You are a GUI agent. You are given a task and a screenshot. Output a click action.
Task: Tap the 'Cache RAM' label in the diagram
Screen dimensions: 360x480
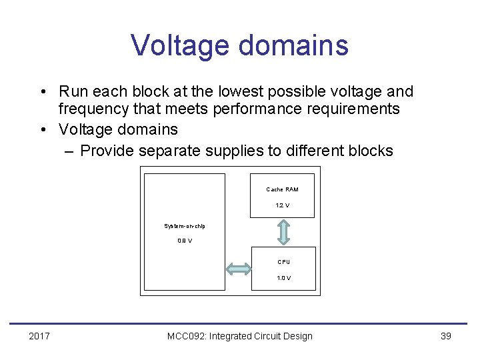click(283, 190)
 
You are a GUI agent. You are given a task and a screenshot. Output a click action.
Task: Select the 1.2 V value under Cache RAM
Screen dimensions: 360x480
click(283, 205)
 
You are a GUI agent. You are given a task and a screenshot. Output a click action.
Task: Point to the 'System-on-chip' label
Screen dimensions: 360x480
click(185, 226)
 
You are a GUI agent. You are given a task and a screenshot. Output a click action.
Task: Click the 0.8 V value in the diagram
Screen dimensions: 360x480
click(185, 241)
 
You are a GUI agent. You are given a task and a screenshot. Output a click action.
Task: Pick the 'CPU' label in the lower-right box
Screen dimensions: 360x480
click(283, 262)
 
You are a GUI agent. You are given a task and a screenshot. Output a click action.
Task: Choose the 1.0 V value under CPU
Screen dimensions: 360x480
click(283, 278)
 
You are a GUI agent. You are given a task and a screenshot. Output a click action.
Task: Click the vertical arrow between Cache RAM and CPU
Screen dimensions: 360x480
click(283, 232)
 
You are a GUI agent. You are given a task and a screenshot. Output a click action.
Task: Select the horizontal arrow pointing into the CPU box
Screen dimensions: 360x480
click(238, 269)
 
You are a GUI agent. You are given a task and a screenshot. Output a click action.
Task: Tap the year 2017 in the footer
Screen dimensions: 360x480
click(39, 336)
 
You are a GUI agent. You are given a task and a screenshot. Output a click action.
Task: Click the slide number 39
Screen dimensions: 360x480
click(446, 336)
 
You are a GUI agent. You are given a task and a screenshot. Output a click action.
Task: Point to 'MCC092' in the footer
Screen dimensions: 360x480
click(186, 336)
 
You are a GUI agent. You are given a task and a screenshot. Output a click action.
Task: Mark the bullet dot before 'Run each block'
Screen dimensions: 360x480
click(43, 92)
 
